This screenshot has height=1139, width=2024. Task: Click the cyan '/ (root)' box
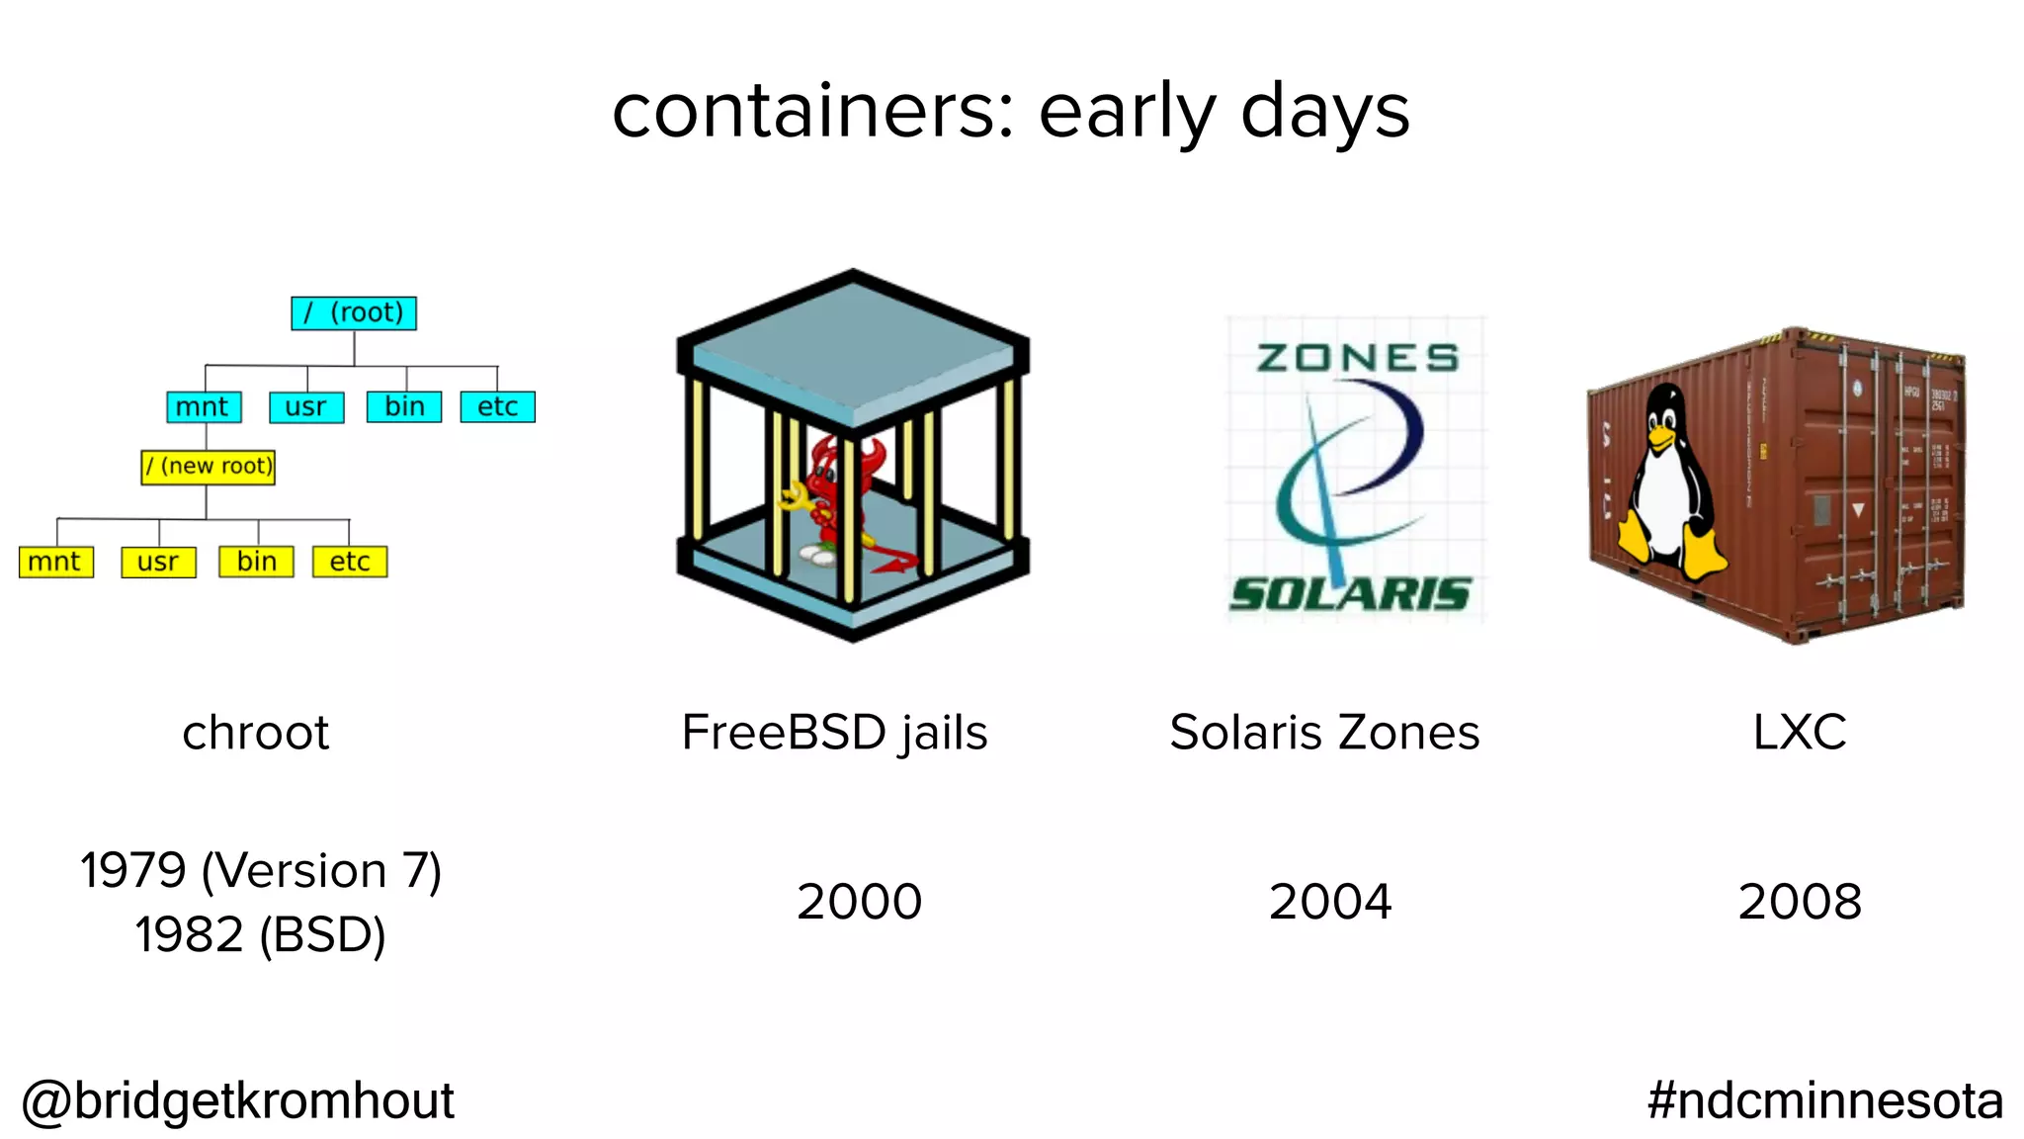[x=354, y=312]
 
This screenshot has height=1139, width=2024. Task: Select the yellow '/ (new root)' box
[x=208, y=466]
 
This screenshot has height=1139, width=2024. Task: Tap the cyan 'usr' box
[x=306, y=406]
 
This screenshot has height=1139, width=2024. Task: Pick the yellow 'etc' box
[x=350, y=562]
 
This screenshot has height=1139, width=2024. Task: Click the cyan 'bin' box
[x=404, y=406]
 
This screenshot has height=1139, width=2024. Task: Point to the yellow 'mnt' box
[x=55, y=562]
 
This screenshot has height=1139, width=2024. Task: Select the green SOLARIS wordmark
[x=1350, y=594]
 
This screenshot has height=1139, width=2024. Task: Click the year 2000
[x=859, y=902]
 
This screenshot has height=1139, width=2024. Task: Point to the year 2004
[x=1330, y=902]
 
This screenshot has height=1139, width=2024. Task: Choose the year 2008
[x=1800, y=902]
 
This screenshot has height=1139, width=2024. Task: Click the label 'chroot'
[x=255, y=733]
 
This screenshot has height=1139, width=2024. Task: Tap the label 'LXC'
[x=1800, y=733]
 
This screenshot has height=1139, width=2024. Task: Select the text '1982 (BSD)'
[x=260, y=934]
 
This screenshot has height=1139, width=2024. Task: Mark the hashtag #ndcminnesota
[x=1824, y=1100]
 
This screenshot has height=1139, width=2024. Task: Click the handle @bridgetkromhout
[x=238, y=1100]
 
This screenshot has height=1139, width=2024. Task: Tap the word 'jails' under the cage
[x=943, y=734]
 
